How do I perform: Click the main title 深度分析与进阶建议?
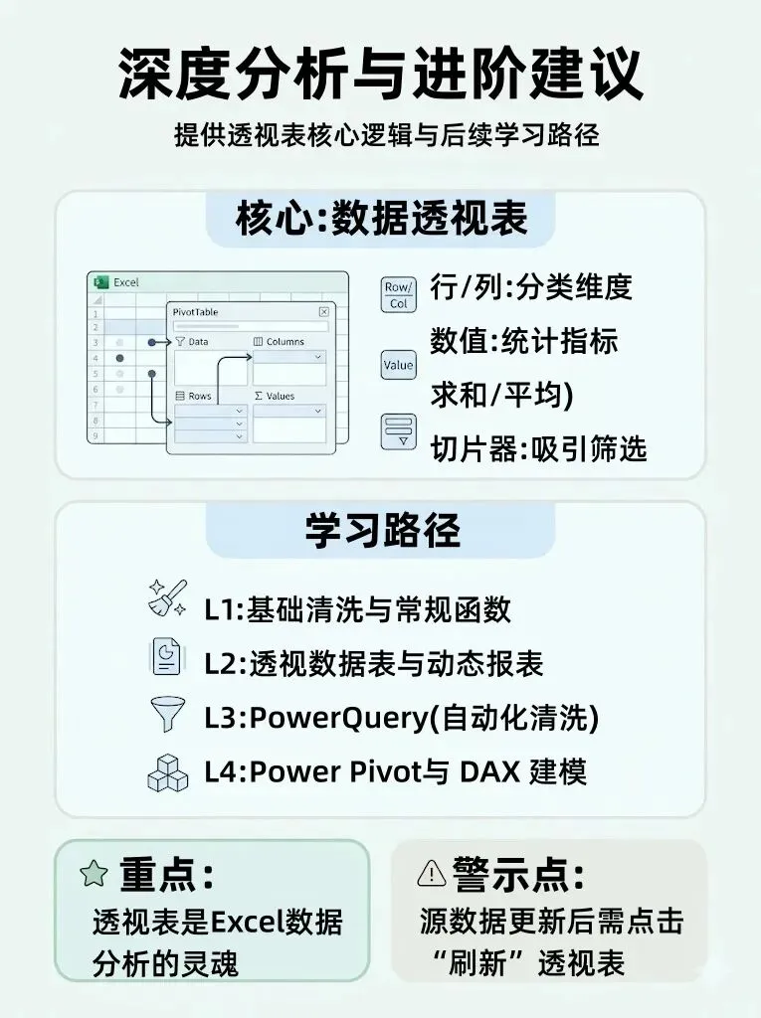(380, 75)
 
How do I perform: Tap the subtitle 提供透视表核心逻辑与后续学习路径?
(380, 135)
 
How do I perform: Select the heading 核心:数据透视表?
(381, 219)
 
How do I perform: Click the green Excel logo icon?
(99, 282)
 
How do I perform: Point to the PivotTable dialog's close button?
(323, 311)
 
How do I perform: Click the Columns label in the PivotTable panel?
(285, 342)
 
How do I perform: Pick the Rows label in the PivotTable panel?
(199, 396)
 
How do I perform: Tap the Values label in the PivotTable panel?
(280, 396)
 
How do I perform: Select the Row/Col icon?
(398, 295)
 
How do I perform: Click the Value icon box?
(398, 365)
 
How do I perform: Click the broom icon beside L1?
(164, 599)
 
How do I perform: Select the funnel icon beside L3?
(164, 715)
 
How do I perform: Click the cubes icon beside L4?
(166, 772)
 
